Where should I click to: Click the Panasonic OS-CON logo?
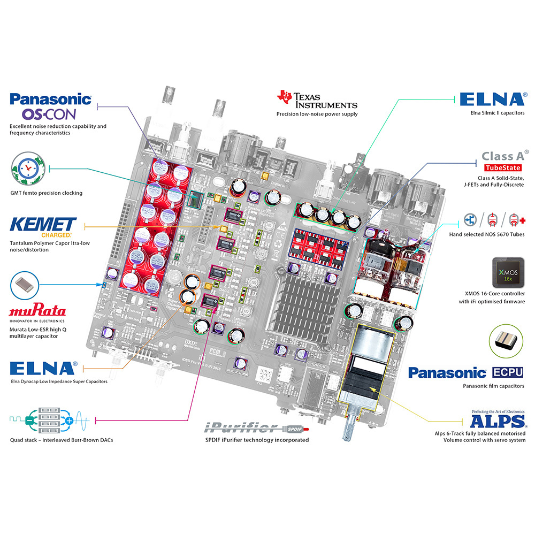(51, 106)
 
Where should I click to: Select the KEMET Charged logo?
(44, 227)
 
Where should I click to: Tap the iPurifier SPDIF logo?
(257, 427)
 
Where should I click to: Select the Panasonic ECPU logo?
(465, 372)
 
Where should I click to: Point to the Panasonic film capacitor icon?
(505, 341)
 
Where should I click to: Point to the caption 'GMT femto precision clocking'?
(46, 193)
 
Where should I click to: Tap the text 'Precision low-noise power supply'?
(317, 114)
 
